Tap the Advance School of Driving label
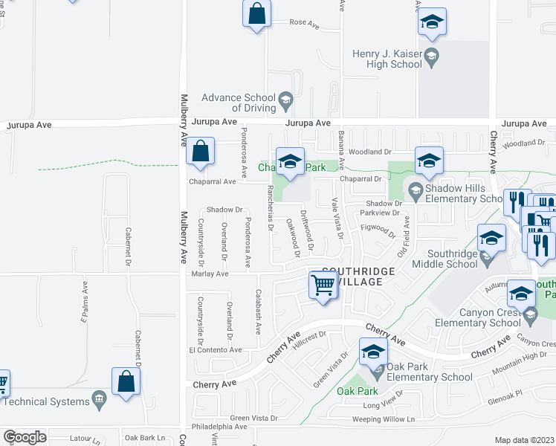[239, 103]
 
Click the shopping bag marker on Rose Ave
[256, 13]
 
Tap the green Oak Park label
[358, 391]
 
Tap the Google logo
[25, 437]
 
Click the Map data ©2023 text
[525, 440]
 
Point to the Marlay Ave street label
[210, 274]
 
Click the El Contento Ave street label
[216, 349]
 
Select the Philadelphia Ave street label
[220, 427]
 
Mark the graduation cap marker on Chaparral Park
[290, 161]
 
